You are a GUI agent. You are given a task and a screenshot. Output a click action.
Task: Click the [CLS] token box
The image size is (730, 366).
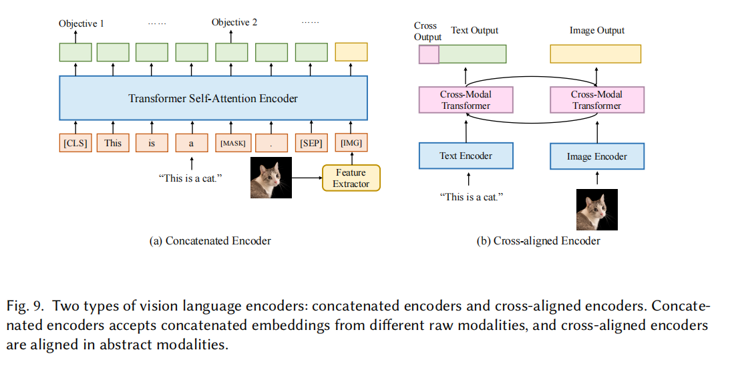75,142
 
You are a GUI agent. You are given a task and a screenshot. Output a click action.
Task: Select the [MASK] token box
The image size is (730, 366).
233,142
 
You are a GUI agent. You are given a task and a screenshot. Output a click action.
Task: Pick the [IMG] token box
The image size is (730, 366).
351,142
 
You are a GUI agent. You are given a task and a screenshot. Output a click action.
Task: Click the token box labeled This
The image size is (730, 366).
113,142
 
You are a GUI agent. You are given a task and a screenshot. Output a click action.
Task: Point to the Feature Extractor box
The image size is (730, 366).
351,178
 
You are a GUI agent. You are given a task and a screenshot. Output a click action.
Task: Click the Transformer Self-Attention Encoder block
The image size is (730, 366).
213,98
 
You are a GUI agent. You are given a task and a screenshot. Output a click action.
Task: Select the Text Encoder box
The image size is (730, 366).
466,156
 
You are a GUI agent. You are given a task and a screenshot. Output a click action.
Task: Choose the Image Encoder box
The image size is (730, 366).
596,156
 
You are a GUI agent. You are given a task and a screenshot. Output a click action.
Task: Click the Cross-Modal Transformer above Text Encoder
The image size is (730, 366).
466,100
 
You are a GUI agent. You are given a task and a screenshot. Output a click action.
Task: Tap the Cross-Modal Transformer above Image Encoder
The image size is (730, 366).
596,100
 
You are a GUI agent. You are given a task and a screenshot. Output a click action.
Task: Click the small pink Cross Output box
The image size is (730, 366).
428,54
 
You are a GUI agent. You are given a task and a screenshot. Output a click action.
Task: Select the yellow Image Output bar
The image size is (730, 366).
595,54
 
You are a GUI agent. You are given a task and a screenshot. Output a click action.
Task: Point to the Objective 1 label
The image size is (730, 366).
81,23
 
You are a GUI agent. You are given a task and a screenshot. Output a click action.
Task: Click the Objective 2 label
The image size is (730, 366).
234,23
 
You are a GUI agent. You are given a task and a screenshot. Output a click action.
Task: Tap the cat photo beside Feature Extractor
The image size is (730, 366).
270,178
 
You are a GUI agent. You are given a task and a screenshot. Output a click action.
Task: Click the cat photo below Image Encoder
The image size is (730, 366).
596,209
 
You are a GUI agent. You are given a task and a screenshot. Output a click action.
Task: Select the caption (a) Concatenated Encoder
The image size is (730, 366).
210,240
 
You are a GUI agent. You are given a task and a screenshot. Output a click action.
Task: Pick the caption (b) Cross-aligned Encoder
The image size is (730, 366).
538,240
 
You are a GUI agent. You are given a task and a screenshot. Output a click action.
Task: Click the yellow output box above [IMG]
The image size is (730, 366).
351,52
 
